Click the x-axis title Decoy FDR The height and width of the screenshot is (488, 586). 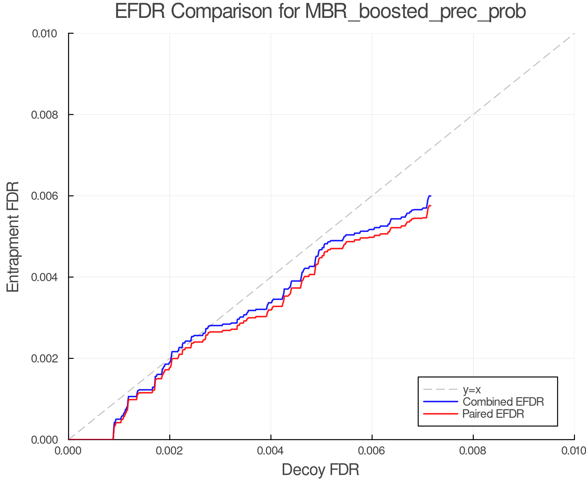point(320,470)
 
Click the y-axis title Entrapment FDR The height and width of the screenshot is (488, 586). point(13,237)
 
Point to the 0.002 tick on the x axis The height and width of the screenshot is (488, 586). point(170,451)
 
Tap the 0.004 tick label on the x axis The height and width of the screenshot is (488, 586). point(271,451)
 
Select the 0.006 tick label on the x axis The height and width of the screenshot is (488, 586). point(372,451)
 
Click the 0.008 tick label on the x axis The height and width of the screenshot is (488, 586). point(473,451)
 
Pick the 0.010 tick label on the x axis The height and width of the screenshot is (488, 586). point(574,451)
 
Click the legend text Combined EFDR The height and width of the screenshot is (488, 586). point(503,402)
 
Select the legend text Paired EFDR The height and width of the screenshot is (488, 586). point(493,414)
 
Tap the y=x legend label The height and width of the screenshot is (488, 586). point(472,389)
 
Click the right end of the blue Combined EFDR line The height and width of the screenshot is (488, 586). point(430,196)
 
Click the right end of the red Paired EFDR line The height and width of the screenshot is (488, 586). point(430,206)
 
